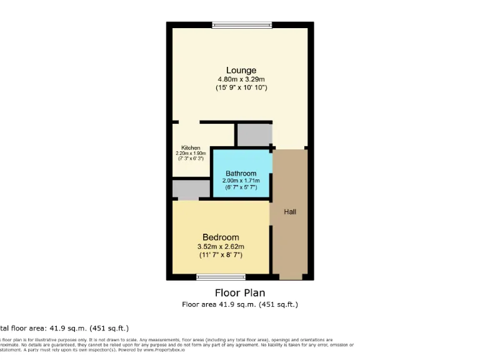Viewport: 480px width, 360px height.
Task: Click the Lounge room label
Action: click(x=241, y=70)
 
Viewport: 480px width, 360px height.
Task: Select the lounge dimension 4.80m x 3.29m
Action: click(x=241, y=79)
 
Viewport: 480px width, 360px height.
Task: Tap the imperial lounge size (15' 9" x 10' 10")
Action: click(x=241, y=88)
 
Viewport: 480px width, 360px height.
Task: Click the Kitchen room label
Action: click(x=191, y=148)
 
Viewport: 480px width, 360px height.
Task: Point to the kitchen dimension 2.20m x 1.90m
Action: click(x=191, y=154)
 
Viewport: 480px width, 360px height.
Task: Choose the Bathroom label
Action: click(x=241, y=174)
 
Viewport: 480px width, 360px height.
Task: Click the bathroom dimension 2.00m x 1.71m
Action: click(x=241, y=181)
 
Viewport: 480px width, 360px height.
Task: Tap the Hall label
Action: click(x=290, y=212)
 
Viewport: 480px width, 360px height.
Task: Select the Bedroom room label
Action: click(x=221, y=237)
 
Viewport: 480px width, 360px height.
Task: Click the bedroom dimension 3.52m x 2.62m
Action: click(x=221, y=246)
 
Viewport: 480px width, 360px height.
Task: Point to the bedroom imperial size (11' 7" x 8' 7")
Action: click(x=221, y=255)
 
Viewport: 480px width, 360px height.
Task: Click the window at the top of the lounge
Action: click(x=242, y=25)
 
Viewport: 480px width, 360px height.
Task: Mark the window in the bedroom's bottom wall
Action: click(x=221, y=277)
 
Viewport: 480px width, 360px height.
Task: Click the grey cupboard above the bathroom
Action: click(x=253, y=134)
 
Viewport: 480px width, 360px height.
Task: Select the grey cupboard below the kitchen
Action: click(x=191, y=189)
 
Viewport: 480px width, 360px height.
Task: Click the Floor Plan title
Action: click(x=240, y=292)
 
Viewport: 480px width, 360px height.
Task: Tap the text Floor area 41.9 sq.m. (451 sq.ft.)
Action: click(x=240, y=304)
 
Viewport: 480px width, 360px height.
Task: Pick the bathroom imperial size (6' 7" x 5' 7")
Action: click(x=241, y=187)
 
